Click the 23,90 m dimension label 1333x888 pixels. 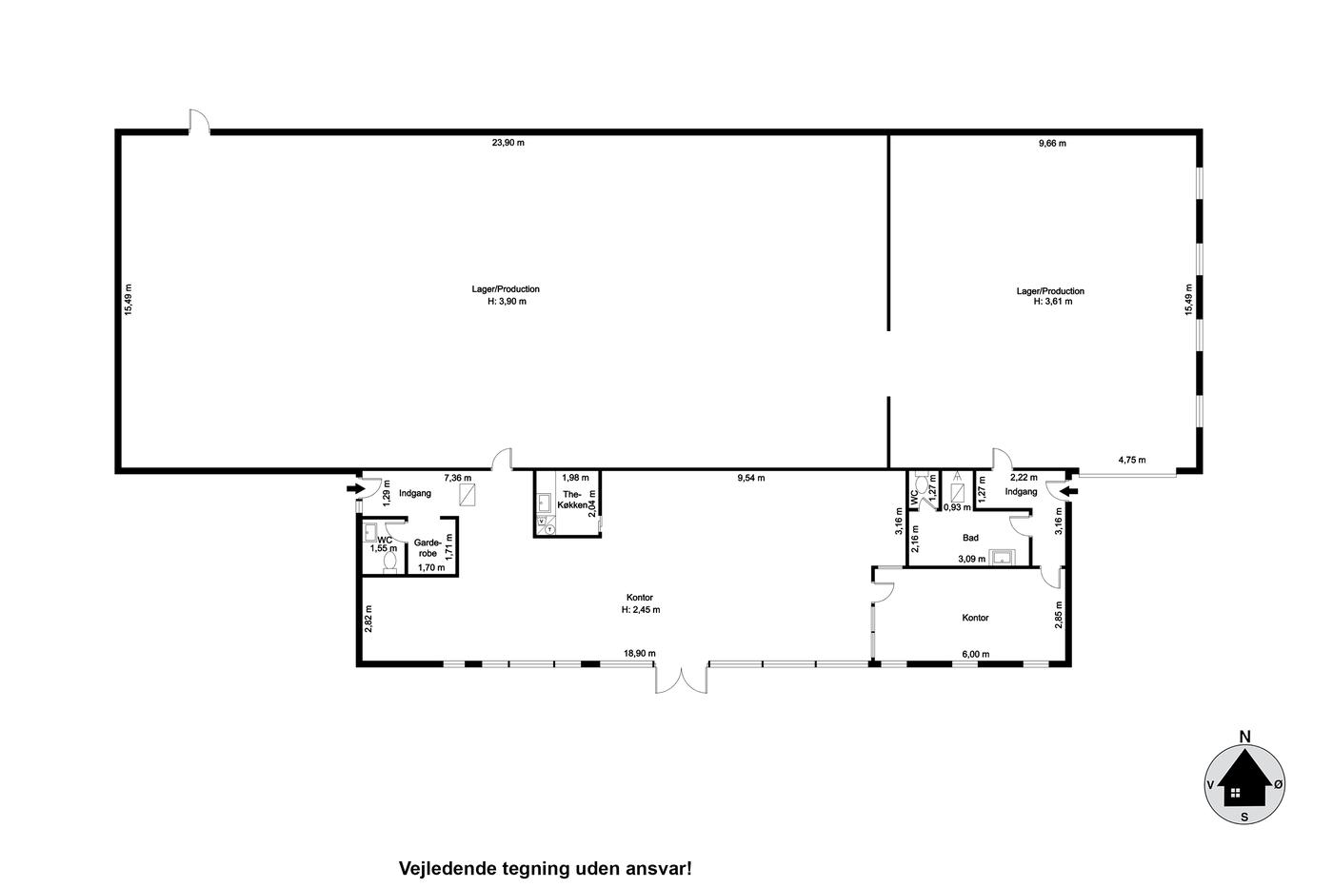coord(507,143)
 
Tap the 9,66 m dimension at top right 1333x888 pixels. coord(1052,143)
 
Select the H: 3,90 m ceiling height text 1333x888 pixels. coord(507,302)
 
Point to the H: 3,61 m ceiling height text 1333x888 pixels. coord(1053,302)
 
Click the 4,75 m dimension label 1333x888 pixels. coord(1132,460)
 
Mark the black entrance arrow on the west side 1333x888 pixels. coord(356,489)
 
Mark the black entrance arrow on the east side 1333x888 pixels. coord(1069,491)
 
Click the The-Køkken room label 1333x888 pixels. coord(572,500)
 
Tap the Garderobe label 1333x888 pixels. coord(428,548)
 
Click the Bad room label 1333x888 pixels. coord(970,538)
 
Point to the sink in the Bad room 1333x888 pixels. coord(1002,558)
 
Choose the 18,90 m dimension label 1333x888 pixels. coord(640,653)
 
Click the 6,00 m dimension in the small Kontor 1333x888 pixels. coord(976,654)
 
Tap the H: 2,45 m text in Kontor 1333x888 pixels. coord(641,610)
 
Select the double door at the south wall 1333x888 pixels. coord(682,680)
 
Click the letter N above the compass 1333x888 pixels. coord(1244,737)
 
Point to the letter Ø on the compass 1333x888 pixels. coord(1278,785)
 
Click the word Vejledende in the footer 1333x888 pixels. coord(448,869)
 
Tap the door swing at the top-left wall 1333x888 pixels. coord(200,122)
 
